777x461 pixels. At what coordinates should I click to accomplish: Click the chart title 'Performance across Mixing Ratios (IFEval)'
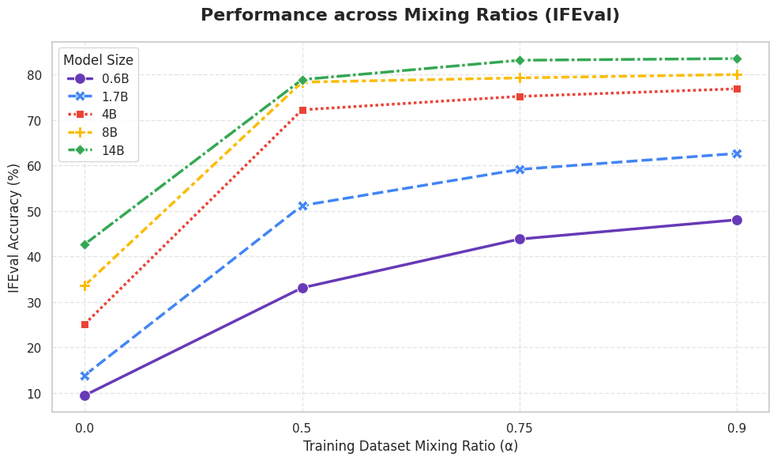click(410, 15)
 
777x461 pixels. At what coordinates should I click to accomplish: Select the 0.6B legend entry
click(98, 78)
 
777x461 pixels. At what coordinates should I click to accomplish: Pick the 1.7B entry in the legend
click(97, 96)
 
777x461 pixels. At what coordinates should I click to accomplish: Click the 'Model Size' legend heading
click(98, 60)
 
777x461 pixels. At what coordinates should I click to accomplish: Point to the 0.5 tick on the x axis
click(302, 428)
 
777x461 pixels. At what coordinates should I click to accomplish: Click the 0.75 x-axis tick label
click(520, 428)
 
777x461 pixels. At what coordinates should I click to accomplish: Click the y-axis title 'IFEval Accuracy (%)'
click(14, 228)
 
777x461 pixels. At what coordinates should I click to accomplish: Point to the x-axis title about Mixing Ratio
click(411, 446)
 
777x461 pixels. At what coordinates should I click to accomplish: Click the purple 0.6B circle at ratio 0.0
click(84, 395)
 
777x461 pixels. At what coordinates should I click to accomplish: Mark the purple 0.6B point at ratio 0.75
click(520, 239)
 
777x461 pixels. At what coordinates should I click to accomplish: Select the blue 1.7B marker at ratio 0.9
click(737, 154)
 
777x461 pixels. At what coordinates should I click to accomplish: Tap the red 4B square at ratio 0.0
click(84, 324)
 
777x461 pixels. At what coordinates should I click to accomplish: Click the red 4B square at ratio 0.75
click(520, 96)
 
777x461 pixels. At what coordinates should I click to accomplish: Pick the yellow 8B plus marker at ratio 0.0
click(84, 285)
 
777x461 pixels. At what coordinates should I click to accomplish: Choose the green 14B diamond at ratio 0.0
click(84, 244)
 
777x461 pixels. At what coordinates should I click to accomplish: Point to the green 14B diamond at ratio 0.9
click(737, 59)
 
